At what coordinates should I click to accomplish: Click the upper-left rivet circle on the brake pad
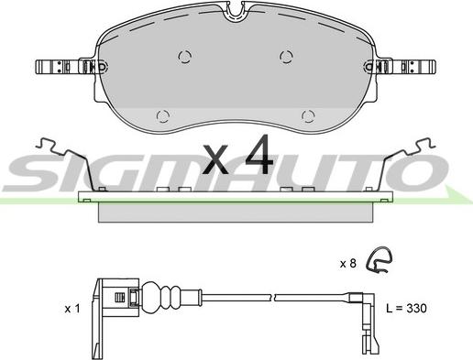184,57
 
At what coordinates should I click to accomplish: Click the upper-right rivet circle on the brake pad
286,57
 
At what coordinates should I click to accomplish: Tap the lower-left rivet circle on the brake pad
163,116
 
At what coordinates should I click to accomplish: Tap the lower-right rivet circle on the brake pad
308,116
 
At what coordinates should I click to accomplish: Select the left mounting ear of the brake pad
71,67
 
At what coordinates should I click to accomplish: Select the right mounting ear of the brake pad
400,67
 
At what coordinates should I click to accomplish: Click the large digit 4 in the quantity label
258,155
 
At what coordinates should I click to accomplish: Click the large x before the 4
215,158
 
